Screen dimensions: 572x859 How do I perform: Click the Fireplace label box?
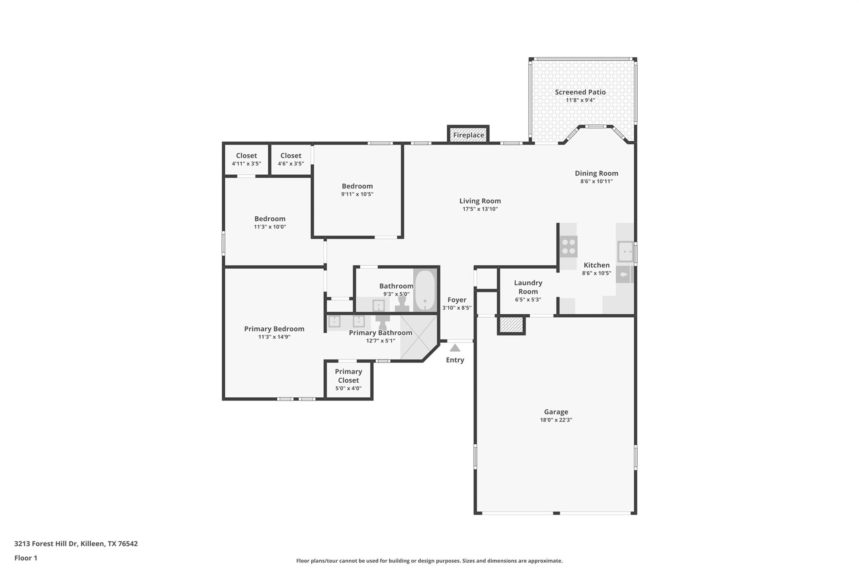(468, 135)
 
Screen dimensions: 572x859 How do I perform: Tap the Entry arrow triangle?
(455, 348)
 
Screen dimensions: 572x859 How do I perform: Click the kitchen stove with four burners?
(568, 247)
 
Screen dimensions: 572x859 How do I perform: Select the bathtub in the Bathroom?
(425, 290)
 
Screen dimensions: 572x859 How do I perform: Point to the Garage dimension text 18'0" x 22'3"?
(556, 420)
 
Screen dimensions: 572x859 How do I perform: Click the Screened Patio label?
(580, 92)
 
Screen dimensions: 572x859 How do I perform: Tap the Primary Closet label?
(348, 376)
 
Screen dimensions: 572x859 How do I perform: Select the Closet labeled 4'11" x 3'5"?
(246, 159)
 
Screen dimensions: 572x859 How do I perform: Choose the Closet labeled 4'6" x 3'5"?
(291, 159)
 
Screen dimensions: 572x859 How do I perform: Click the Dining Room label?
(596, 173)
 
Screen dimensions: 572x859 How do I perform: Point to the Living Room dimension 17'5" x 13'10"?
(480, 209)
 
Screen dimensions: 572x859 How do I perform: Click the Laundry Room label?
(528, 287)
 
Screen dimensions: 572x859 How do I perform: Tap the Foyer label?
(457, 300)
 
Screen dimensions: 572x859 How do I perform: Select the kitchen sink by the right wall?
(625, 251)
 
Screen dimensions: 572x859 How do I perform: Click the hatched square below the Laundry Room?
(511, 325)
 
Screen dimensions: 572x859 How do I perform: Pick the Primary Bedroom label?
(274, 329)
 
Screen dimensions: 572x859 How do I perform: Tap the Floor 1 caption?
(26, 558)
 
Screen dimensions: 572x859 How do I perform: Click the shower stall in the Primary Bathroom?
(417, 337)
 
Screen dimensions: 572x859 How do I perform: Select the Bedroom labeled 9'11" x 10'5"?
(357, 190)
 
